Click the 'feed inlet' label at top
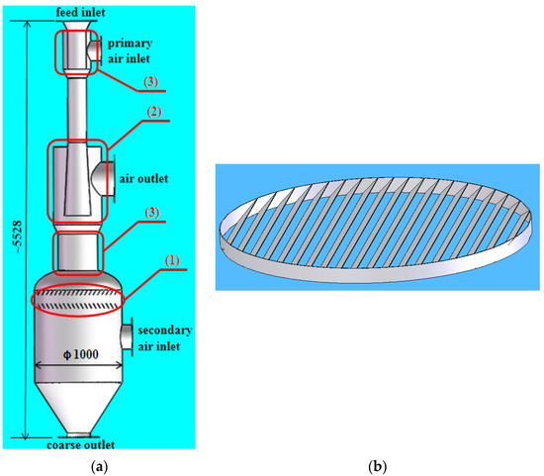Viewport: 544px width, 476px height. point(77,10)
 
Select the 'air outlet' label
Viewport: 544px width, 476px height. point(143,179)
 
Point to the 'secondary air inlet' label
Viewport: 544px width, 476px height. point(165,336)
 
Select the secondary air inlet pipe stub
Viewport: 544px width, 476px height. point(126,337)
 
